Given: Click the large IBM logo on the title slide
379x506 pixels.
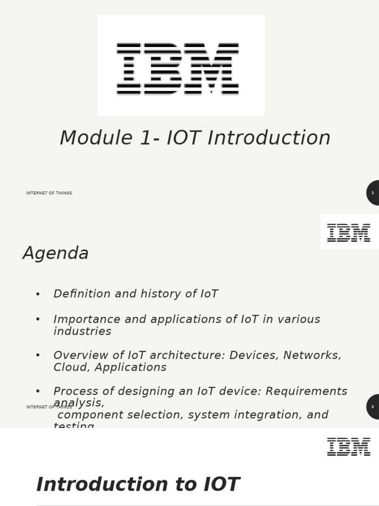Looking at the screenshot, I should point(178,68).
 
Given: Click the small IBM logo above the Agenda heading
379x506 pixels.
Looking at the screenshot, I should point(348,232).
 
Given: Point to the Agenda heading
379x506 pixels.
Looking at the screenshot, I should point(56,253).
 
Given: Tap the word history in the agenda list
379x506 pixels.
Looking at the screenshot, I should point(159,294).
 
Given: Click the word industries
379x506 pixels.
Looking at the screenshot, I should point(82,332).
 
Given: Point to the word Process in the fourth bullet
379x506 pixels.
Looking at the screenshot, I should point(75,391).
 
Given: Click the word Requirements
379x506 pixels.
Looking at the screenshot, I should point(306,391).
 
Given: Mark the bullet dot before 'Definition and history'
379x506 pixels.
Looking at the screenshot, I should point(38,295).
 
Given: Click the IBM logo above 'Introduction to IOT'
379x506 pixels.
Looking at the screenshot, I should point(348,447).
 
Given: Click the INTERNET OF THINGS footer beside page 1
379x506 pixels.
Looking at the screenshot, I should point(49,193).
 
